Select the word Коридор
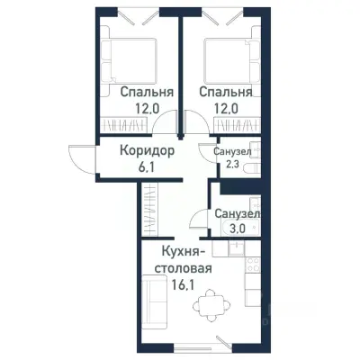pos(148,150)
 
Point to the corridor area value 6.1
pos(148,168)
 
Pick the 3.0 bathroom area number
pos(237,229)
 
